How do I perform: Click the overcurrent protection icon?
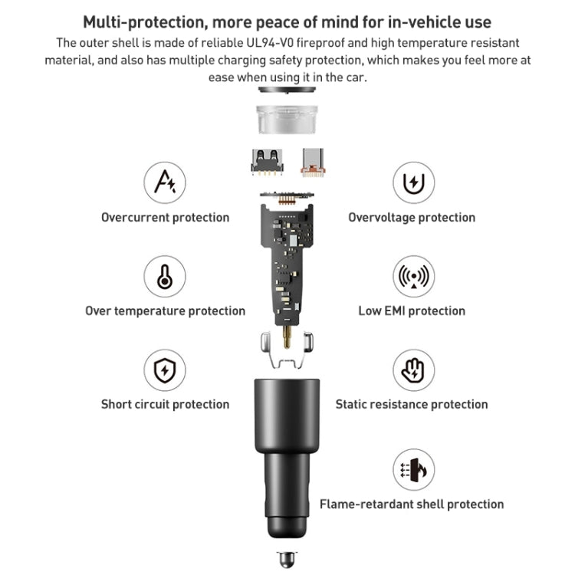165,182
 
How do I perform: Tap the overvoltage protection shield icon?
413,182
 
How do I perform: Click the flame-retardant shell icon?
413,470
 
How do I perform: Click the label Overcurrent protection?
165,218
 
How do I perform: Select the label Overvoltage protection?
412,218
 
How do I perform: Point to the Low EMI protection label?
412,311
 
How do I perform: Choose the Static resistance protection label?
412,405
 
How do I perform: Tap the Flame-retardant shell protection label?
412,504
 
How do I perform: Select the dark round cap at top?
288,90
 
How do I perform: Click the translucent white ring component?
288,119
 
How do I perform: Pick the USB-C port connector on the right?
313,159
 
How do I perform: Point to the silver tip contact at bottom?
287,558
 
